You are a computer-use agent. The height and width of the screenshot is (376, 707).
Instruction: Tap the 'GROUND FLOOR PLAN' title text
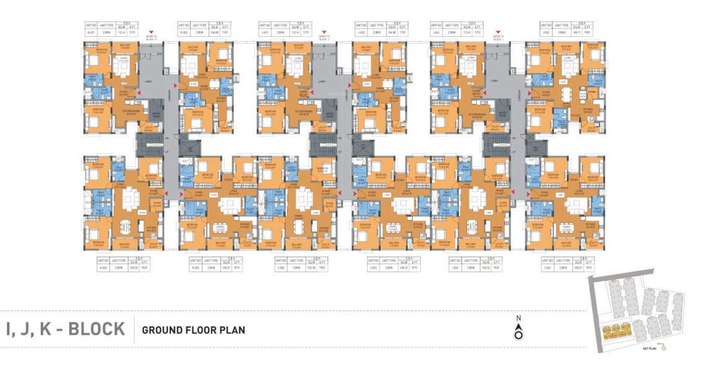(x=193, y=331)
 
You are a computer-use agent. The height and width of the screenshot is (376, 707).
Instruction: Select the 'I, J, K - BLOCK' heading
(x=66, y=329)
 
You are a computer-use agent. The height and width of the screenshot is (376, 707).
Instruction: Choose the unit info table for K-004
(x=123, y=264)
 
